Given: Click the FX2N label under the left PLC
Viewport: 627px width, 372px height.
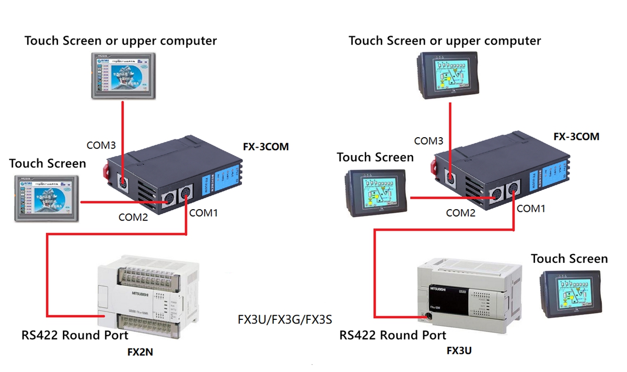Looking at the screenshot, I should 140,352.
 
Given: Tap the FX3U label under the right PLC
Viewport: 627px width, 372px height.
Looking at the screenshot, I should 459,351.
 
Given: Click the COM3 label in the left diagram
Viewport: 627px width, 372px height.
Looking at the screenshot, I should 101,145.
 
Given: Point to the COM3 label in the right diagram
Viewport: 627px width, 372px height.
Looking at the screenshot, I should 428,141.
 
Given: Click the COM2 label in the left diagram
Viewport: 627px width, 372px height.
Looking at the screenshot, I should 133,217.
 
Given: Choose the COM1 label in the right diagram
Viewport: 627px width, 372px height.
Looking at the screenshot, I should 531,209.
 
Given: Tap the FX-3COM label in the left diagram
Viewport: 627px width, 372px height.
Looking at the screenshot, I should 265,147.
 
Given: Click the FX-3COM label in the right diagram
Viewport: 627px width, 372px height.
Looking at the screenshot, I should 576,137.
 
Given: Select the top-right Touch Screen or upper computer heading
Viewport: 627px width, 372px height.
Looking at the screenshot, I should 445,40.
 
